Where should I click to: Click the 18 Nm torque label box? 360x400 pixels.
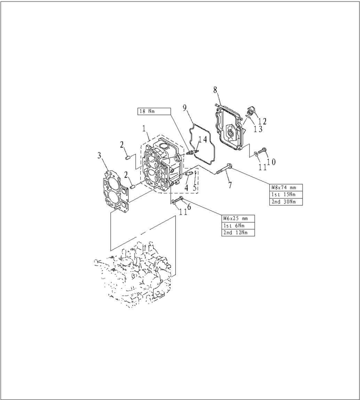coord(154,111)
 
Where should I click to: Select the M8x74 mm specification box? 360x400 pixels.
coord(286,187)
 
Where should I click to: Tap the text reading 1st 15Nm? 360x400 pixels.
coord(286,194)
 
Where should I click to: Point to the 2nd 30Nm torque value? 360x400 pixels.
coord(286,202)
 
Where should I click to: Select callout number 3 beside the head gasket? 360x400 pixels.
coord(99,155)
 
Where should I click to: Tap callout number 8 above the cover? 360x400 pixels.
coord(215,89)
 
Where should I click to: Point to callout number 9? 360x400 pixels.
coord(185,107)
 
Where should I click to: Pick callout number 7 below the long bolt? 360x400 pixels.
coord(230,184)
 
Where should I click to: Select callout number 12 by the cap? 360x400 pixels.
coord(262,121)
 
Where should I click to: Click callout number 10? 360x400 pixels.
coord(271,162)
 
